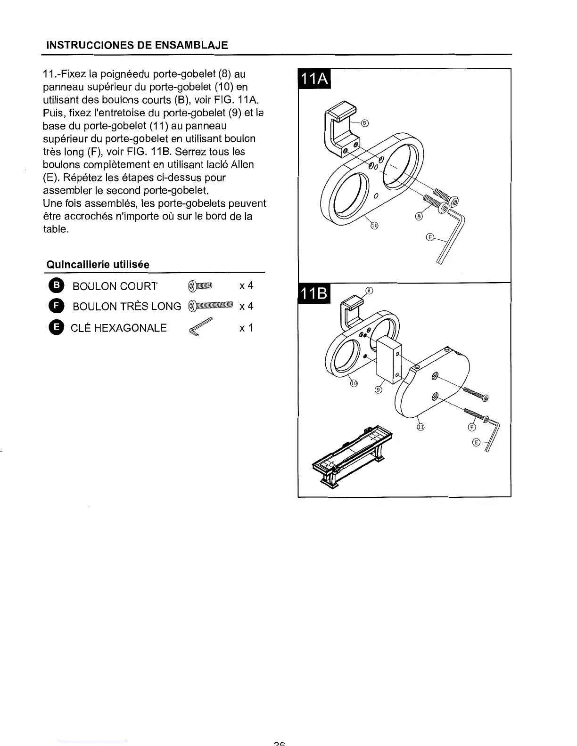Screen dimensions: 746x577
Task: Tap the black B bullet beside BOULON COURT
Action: click(x=55, y=286)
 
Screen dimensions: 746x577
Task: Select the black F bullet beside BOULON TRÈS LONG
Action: click(x=55, y=306)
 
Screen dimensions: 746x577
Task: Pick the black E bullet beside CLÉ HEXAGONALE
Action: click(x=55, y=327)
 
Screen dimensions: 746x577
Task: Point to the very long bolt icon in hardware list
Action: click(x=210, y=306)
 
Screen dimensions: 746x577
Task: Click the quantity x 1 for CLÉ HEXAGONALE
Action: click(x=246, y=327)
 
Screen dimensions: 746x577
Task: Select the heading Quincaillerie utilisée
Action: click(x=97, y=265)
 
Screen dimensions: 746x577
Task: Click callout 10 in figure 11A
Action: click(x=374, y=226)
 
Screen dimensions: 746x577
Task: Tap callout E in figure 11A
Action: click(x=429, y=237)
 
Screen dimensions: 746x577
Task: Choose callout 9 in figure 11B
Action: click(x=378, y=389)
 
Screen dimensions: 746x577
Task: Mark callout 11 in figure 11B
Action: click(x=420, y=427)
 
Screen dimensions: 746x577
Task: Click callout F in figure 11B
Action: click(x=470, y=427)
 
